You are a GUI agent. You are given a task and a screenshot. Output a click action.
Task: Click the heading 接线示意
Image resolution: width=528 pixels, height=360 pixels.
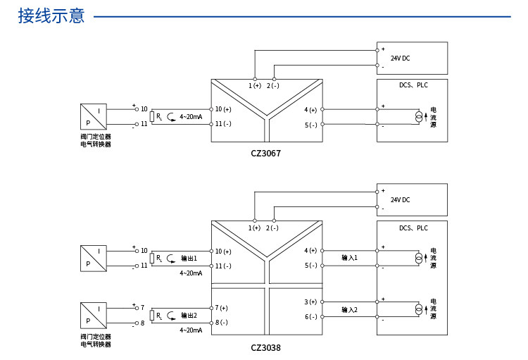click(51, 15)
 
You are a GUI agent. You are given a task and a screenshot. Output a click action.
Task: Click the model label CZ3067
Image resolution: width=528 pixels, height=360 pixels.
click(265, 153)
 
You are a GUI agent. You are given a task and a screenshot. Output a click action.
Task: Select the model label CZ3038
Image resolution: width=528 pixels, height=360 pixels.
click(265, 347)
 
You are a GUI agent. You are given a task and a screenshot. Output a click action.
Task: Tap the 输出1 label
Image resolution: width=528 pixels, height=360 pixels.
click(189, 258)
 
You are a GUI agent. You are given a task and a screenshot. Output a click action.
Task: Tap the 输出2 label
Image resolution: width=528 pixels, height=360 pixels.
click(189, 315)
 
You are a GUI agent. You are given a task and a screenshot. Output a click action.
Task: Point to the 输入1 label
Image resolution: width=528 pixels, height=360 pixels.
click(349, 258)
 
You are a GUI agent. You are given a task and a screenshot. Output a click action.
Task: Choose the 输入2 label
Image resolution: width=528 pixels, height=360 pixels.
click(349, 309)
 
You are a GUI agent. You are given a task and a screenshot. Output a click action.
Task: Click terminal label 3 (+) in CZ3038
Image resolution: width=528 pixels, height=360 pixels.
click(310, 302)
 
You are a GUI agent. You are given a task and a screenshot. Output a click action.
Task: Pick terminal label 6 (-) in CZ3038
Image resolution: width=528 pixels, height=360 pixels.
click(310, 317)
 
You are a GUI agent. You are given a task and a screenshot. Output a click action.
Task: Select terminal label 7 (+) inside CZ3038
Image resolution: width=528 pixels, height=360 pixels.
click(222, 308)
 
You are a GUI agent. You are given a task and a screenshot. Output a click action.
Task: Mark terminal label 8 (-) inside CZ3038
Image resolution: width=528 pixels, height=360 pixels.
click(222, 323)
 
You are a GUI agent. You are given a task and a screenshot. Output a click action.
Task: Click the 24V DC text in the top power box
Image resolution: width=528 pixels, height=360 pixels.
click(401, 58)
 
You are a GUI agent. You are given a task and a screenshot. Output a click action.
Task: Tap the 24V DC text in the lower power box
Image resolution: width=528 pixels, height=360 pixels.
click(401, 199)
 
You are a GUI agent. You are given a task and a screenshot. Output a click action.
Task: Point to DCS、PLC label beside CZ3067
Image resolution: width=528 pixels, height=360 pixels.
click(413, 85)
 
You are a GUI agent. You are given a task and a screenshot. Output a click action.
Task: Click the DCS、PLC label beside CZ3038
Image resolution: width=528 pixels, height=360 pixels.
click(413, 228)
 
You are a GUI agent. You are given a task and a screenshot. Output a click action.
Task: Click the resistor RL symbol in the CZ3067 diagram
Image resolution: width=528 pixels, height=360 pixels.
click(153, 116)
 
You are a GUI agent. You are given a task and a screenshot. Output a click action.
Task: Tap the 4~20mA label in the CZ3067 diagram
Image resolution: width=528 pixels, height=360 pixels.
click(191, 116)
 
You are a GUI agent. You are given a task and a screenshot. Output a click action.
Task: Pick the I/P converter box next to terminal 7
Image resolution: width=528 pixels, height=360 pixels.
click(94, 316)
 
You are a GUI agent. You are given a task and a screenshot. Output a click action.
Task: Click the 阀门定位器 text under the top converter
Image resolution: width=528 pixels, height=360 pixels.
click(96, 137)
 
